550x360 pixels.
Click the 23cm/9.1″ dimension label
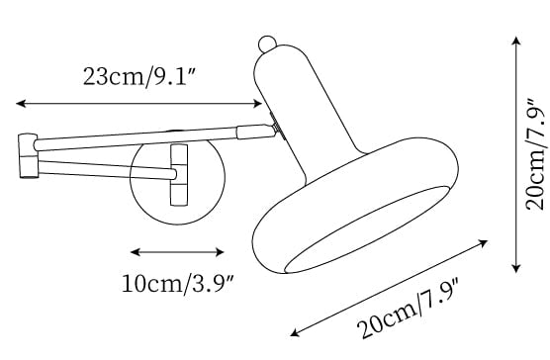[138, 76]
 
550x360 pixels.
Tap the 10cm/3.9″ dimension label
[177, 284]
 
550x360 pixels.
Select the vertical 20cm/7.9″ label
[535, 154]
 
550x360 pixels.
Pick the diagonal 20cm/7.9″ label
[409, 309]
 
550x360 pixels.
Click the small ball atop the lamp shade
[267, 45]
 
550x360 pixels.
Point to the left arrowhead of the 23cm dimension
[21, 103]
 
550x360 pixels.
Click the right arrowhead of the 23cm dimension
[257, 104]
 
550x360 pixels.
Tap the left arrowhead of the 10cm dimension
[136, 251]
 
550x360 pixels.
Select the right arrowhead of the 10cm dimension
[220, 251]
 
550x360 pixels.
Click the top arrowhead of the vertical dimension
[515, 41]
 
